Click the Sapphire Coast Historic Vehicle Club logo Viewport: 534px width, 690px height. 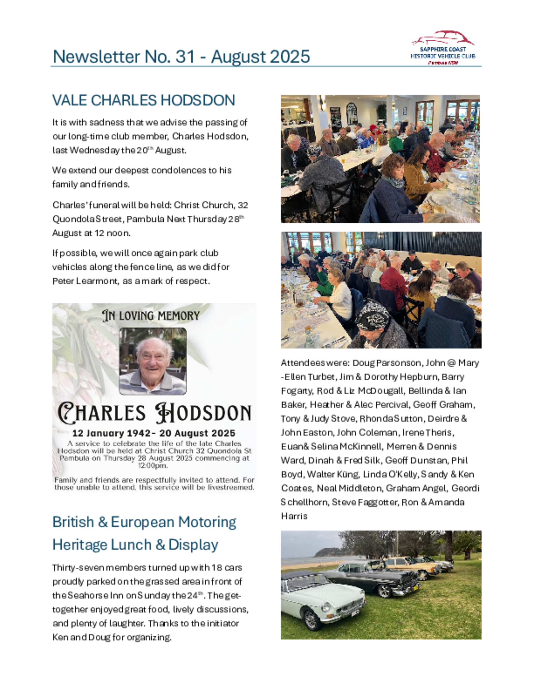(x=443, y=48)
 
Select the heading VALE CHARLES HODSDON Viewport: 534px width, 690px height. (x=144, y=101)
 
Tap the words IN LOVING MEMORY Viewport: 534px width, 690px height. (x=151, y=316)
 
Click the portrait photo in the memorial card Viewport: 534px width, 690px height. (x=153, y=361)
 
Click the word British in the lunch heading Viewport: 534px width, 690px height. (x=73, y=522)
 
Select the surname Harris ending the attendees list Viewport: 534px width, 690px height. (x=294, y=516)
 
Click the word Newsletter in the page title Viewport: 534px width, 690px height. (x=96, y=57)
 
